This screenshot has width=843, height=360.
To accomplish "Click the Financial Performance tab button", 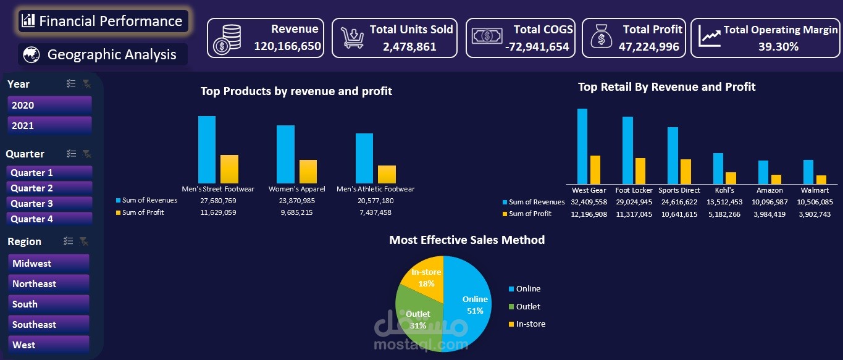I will click(103, 21).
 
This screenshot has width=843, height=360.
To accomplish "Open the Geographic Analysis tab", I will click(103, 54).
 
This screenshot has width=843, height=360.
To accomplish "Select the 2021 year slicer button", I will click(49, 125).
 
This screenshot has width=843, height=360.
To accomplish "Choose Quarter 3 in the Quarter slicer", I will click(49, 203).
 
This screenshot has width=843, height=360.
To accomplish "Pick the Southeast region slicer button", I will click(49, 324).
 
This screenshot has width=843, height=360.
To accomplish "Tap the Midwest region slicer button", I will click(49, 263).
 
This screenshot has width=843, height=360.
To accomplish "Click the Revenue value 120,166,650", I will click(287, 46).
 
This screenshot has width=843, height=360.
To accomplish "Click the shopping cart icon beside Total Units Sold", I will click(352, 38).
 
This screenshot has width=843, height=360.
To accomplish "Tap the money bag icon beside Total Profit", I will click(600, 37).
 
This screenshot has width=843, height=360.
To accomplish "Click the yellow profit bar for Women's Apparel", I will click(308, 172).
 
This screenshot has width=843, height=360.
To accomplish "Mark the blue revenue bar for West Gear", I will click(582, 146).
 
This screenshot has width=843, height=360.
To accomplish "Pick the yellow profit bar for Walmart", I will click(821, 179).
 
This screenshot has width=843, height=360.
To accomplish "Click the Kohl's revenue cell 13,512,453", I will click(724, 202).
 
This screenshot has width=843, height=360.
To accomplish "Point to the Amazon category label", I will click(770, 190).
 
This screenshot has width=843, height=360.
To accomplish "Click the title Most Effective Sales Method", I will click(467, 240).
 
